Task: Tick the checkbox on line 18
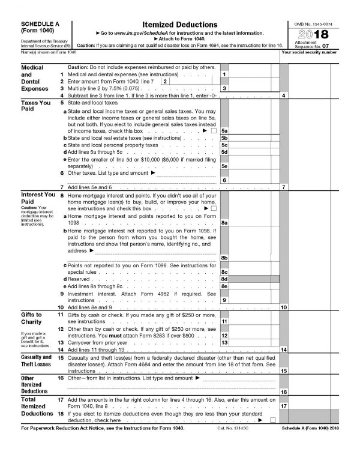(x=273, y=420)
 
